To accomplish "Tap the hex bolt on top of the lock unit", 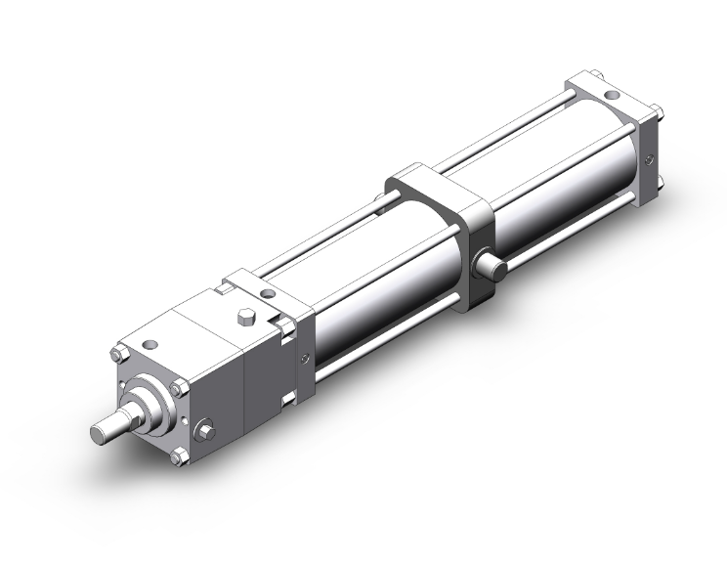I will [x=245, y=320].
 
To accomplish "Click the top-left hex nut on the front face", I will [x=123, y=352].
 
